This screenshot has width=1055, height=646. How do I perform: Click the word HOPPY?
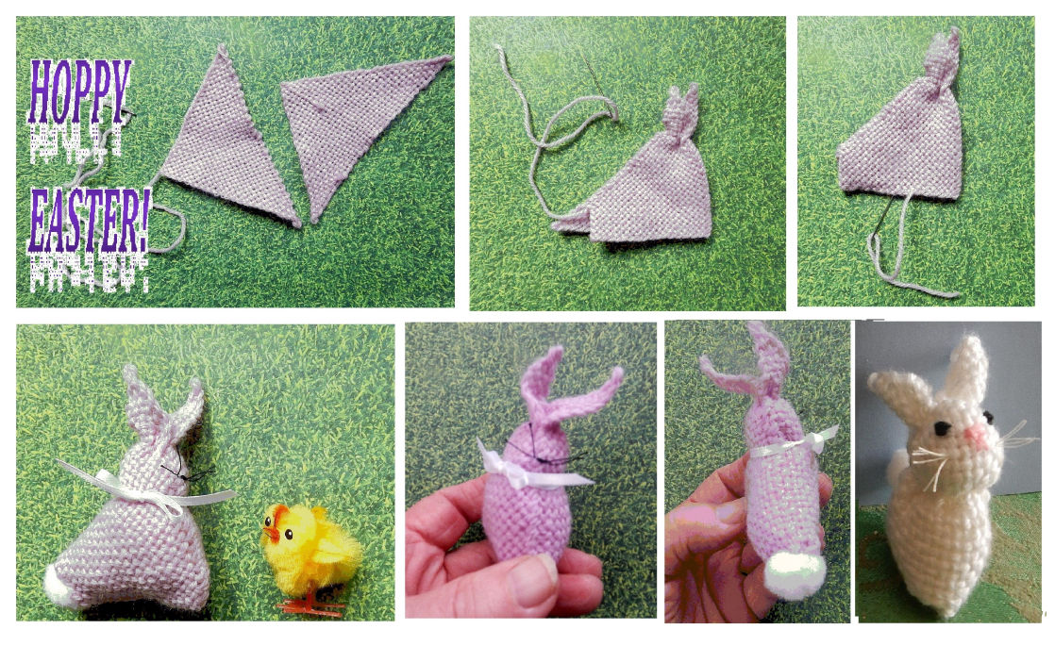pos(80,91)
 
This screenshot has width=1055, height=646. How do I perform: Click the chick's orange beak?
pos(271,533)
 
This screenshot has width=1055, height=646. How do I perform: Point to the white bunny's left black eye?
pos(942,427)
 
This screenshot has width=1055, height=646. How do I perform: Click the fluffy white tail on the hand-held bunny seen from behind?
pos(795,573)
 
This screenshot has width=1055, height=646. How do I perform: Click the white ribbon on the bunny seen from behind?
pos(794,443)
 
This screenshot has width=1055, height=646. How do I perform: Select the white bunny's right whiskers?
pos(1013,440)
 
